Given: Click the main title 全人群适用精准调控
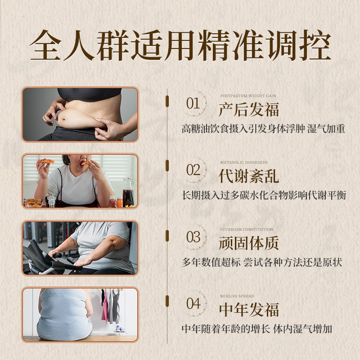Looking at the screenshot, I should [x=180, y=45].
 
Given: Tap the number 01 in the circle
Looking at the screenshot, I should [x=193, y=104].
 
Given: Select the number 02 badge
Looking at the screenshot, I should [x=193, y=170].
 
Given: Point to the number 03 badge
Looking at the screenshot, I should [x=193, y=237].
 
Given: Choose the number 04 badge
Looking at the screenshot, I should [x=193, y=304].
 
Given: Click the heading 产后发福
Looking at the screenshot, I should [x=248, y=109].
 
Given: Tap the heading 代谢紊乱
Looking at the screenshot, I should [x=248, y=176].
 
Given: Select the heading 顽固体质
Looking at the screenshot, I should [x=248, y=243].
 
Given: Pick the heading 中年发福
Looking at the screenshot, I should [x=248, y=310].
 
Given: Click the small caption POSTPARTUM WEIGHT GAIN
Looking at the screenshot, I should [x=248, y=96].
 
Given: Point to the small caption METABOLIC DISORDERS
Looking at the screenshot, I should [x=243, y=162].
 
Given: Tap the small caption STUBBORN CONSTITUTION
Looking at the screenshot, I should [x=246, y=229].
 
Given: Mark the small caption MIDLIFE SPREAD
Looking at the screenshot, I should [x=237, y=296].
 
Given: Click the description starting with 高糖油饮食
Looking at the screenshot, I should [x=263, y=129].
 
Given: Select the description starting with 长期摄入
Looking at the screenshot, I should [x=264, y=195].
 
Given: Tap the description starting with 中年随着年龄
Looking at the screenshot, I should [x=256, y=329].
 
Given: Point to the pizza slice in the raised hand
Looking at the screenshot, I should [x=45, y=161].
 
